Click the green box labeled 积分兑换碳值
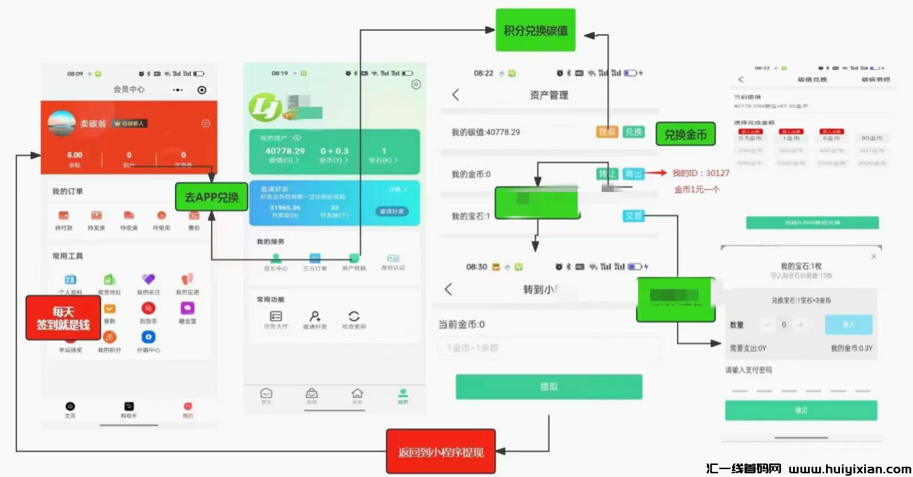(536, 30)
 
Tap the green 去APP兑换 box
(212, 197)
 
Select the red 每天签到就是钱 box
(63, 318)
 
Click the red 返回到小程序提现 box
(441, 451)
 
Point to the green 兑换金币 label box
(685, 135)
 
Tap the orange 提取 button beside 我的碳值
(607, 132)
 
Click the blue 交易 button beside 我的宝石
(633, 216)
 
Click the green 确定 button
(801, 411)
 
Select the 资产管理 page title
(549, 95)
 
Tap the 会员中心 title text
(129, 89)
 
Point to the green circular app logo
(265, 107)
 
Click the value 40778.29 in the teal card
(285, 151)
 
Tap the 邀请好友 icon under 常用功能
(315, 317)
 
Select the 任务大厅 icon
(276, 317)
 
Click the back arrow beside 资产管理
(456, 95)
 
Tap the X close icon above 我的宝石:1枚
(873, 257)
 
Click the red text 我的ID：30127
(701, 173)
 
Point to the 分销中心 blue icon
(148, 337)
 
